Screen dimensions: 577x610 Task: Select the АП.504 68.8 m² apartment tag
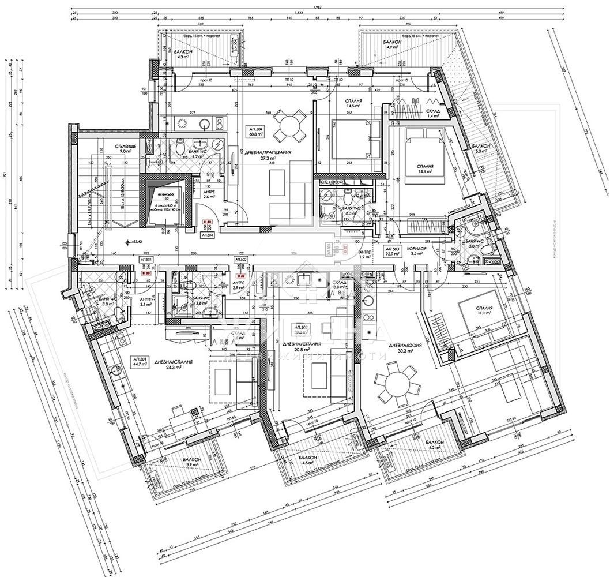click(x=254, y=131)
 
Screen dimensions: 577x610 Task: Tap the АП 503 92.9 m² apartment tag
click(x=393, y=250)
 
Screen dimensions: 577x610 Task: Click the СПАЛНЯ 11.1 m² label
click(x=483, y=311)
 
